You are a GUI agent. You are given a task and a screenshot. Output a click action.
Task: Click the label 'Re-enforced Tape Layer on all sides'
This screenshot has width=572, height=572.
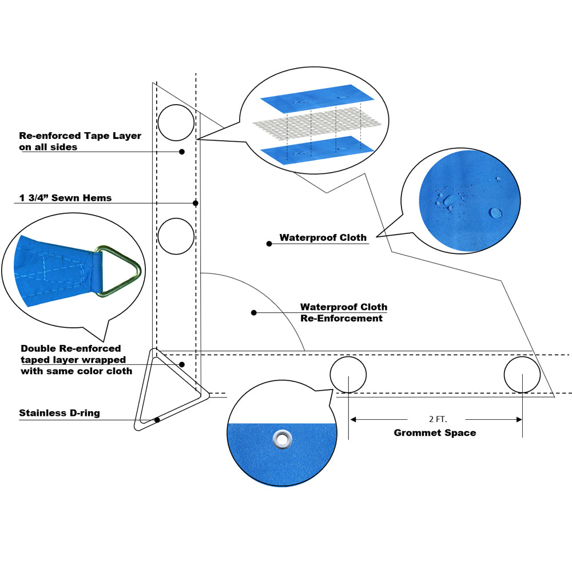(x=80, y=141)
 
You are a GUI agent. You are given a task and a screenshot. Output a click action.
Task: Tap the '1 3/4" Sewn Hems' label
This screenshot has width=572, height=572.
(x=65, y=198)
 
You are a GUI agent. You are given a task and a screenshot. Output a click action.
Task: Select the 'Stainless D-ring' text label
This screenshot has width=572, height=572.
(x=59, y=413)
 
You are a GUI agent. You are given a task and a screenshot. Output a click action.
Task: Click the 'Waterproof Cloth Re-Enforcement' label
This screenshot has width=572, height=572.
(x=343, y=312)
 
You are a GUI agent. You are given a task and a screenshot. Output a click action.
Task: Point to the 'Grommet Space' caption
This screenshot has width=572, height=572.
(x=435, y=433)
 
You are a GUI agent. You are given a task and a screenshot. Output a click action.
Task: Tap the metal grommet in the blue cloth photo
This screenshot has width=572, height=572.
(x=282, y=439)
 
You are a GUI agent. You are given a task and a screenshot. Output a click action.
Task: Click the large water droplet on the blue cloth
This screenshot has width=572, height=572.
(x=495, y=213)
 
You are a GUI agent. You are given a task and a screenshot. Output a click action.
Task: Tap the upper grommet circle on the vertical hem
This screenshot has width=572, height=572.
(x=176, y=122)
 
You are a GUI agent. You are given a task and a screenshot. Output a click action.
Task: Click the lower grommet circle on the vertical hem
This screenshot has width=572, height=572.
(x=176, y=236)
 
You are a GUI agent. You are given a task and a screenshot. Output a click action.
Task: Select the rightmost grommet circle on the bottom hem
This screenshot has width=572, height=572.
(x=522, y=375)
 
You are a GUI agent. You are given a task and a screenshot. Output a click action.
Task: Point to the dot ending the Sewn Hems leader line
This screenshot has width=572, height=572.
(x=196, y=203)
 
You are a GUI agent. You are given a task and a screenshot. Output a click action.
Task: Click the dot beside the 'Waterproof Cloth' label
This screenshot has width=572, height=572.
(x=269, y=244)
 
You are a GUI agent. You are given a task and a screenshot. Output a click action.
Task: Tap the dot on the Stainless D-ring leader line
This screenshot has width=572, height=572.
(x=157, y=420)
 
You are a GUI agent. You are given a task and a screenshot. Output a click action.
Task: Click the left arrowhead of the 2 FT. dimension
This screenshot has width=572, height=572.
(x=353, y=419)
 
